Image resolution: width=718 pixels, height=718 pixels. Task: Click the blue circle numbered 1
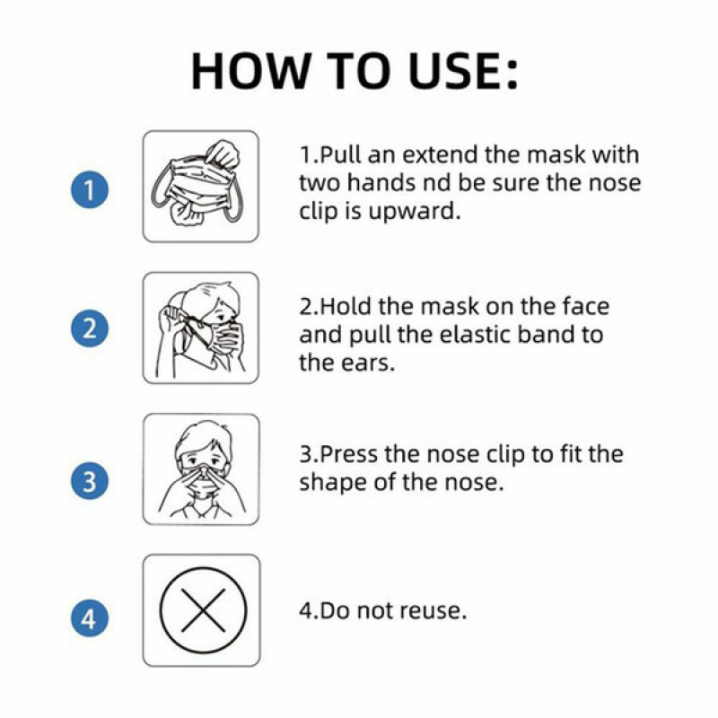(x=90, y=189)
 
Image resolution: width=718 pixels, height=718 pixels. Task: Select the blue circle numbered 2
(x=90, y=328)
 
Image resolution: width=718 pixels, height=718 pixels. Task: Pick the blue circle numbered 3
(x=90, y=481)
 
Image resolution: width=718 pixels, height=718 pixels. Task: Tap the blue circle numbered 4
(x=90, y=618)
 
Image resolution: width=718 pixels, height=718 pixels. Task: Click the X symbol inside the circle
(x=204, y=610)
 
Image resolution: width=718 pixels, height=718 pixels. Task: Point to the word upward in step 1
(x=414, y=212)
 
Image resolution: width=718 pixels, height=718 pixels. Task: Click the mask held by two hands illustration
(x=197, y=183)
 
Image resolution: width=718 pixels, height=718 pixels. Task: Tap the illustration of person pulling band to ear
(x=201, y=328)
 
